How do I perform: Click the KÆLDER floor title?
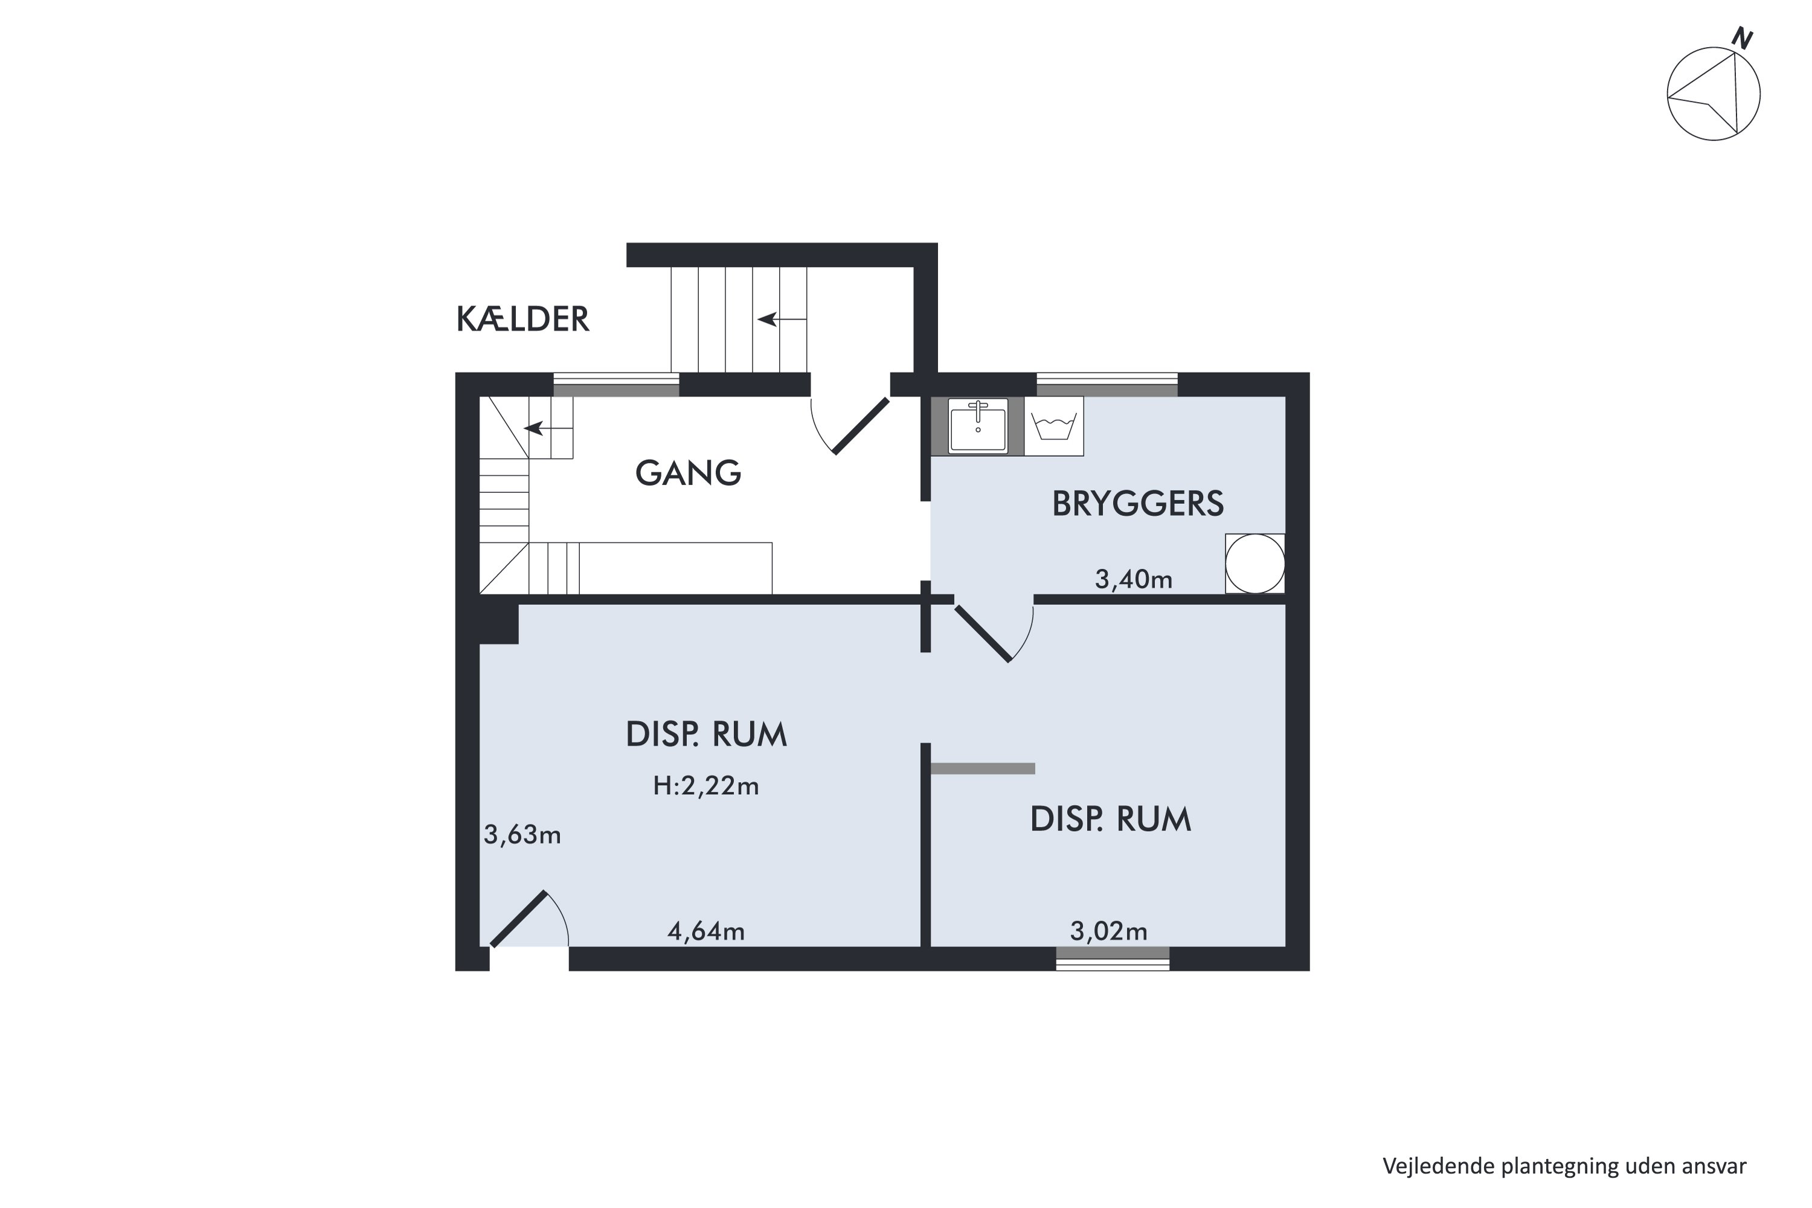coord(522,319)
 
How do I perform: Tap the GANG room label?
coord(688,473)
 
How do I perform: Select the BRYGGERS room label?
coord(1137,504)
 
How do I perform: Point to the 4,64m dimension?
coord(705,931)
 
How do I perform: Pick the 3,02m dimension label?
coord(1108,931)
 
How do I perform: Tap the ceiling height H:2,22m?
coord(705,785)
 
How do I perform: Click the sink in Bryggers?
coord(978,426)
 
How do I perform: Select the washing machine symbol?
coord(1054,426)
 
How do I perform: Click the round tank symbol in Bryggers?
coord(1255,564)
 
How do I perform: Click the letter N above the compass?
coord(1743,39)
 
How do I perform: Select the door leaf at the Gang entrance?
coord(861,426)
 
